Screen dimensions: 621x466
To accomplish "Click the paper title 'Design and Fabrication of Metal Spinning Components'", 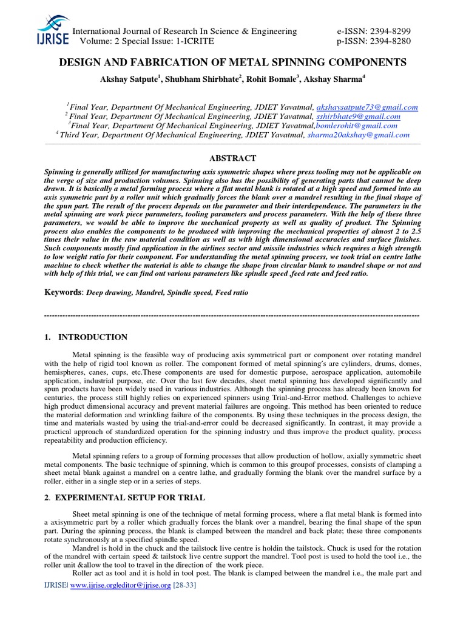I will pyautogui.click(x=232, y=62).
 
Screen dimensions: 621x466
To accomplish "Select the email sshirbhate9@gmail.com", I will pyautogui.click(x=358, y=116).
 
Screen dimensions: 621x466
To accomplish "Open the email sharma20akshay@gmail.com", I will pyautogui.click(x=358, y=135).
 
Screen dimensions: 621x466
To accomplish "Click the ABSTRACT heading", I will pyautogui.click(x=232, y=158).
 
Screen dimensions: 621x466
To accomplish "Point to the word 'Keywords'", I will pyautogui.click(x=62, y=292).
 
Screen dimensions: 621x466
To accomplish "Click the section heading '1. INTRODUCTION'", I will pyautogui.click(x=86, y=337).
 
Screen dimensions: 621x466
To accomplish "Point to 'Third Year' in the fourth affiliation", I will pyautogui.click(x=78, y=135).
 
